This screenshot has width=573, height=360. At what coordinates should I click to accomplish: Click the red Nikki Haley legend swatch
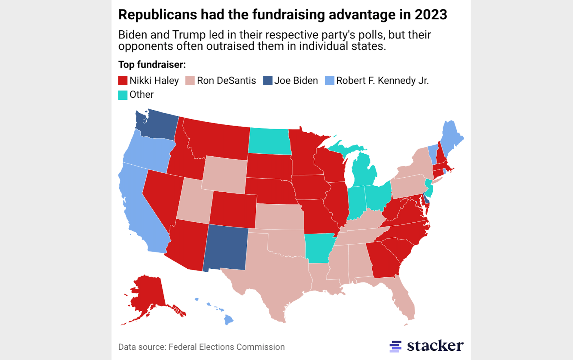coord(123,81)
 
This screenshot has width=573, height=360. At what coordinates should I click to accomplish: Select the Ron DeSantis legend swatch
coord(190,81)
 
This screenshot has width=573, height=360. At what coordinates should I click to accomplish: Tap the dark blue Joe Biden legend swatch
coord(267,81)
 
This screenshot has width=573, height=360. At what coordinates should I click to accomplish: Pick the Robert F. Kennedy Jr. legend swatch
coord(330,81)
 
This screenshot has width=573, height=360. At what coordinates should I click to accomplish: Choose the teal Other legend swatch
coord(123,95)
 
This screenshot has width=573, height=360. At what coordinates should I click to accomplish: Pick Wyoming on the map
coord(224,174)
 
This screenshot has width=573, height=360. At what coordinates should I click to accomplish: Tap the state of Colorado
coord(233,209)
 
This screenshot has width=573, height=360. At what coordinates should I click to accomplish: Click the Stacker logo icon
coord(395,346)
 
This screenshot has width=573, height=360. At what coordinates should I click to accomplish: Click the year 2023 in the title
coord(431,15)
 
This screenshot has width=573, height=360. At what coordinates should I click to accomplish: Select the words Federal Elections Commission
coord(226,347)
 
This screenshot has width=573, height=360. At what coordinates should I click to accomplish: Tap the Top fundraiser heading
coord(152,65)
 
